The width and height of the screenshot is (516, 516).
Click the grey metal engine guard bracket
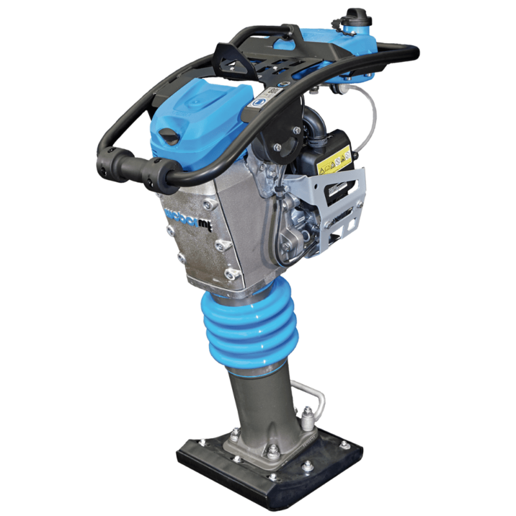342,200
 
